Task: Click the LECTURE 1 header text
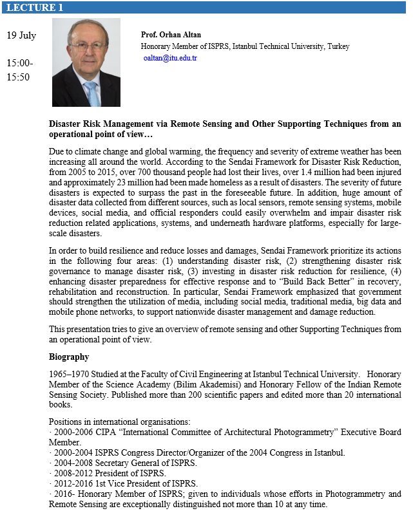35,8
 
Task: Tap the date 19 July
21,35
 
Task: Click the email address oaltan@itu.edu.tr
170,58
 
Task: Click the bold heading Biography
69,357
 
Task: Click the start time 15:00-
19,63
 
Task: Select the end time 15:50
18,77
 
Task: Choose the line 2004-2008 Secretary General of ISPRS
107,463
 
